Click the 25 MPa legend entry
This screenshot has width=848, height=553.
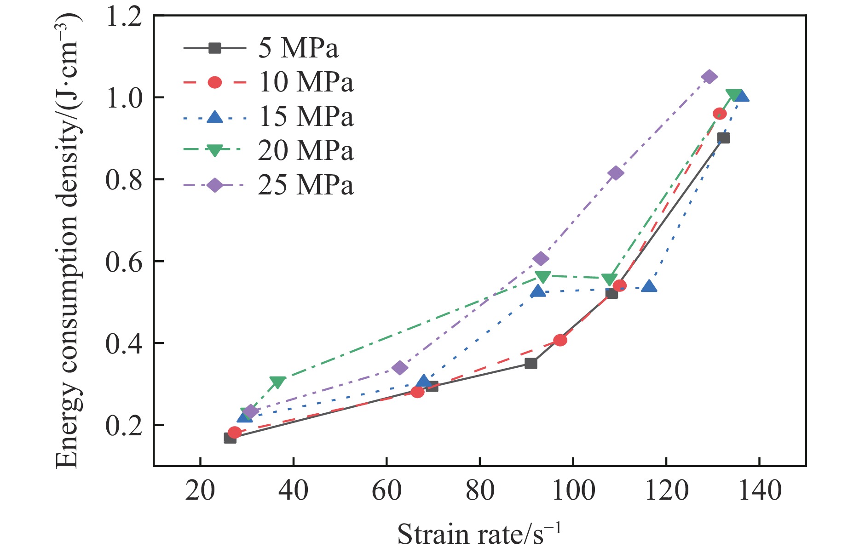tap(306, 185)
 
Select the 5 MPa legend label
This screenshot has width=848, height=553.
tap(298, 48)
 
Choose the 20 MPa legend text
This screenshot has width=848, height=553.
tap(306, 150)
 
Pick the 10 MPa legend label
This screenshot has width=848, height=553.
tap(306, 82)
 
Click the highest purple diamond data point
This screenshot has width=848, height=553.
tap(709, 77)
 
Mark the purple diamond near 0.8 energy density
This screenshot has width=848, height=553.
tap(615, 173)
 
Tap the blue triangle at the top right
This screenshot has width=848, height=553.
tap(741, 96)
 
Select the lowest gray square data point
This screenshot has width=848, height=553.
tap(230, 438)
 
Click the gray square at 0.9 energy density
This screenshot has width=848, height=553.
tap(723, 138)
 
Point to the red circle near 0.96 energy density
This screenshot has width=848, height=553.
tap(720, 114)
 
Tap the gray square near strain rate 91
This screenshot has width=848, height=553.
tap(531, 364)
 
